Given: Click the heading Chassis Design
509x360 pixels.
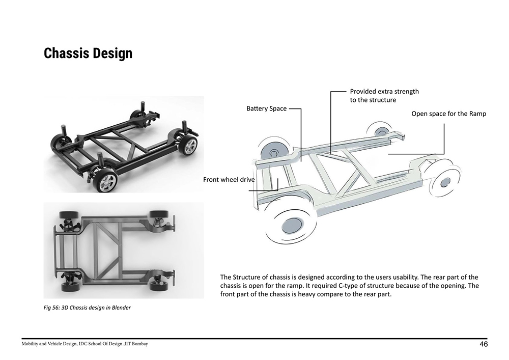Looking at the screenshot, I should [88, 53].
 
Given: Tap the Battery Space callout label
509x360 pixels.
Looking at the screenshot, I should [266, 109].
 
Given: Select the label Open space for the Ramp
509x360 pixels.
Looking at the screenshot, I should [448, 114].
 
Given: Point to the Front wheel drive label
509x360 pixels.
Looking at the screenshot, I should [229, 180].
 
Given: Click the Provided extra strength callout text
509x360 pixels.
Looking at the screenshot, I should [384, 96].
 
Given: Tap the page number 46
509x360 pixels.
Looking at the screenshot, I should [484, 344].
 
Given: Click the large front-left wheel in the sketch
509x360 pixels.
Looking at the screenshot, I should [290, 224].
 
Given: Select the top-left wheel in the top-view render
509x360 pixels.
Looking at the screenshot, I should [68, 214].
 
